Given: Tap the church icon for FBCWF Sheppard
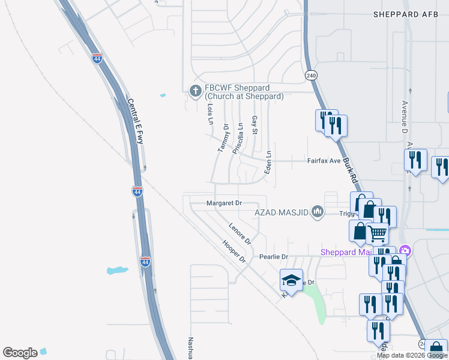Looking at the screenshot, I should coord(194,91).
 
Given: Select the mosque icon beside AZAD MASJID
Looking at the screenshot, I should coord(318,212).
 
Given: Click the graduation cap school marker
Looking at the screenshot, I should coord(291,280).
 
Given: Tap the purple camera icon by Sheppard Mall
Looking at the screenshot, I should coord(405,250).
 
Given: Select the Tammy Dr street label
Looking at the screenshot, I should coord(224,138).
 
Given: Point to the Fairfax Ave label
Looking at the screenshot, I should coord(324,161).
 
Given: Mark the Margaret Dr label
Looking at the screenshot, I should coord(223,203).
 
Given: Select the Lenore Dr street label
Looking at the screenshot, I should coord(240,233).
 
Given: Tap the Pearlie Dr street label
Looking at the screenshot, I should coord(274,256).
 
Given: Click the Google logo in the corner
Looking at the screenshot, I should coord(20,353).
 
